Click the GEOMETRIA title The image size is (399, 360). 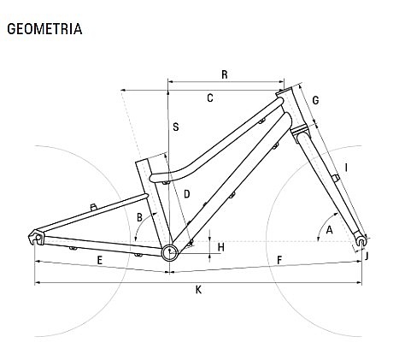point(44,29)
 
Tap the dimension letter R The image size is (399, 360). point(225,74)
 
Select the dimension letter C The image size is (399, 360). point(210,98)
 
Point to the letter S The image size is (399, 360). point(176,127)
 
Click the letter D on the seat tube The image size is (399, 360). point(187,194)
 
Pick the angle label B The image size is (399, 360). point(139,217)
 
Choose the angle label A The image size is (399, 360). point(329,230)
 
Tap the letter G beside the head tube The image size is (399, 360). point(315,100)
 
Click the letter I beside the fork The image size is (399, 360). point(346,168)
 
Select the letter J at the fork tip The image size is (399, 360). point(367,256)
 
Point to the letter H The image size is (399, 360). point(221,247)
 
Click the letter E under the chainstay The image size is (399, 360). point(99,260)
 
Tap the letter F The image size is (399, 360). point(279,260)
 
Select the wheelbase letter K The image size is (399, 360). point(198,290)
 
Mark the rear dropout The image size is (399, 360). point(36,237)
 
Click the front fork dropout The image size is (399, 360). point(361,241)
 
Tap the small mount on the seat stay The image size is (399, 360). point(93,207)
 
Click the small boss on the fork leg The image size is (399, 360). point(336,178)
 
